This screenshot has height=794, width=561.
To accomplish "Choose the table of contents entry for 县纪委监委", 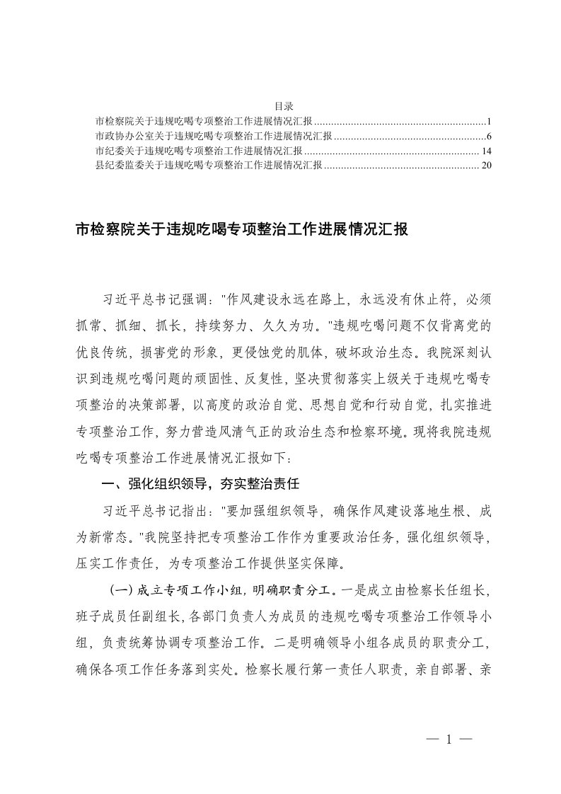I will coord(209,166).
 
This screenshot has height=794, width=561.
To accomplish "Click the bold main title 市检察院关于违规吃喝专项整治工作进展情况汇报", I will coord(241,230).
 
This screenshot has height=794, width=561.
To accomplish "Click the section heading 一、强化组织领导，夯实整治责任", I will coord(202,485).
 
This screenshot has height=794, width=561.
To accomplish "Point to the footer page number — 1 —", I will coord(449,740).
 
